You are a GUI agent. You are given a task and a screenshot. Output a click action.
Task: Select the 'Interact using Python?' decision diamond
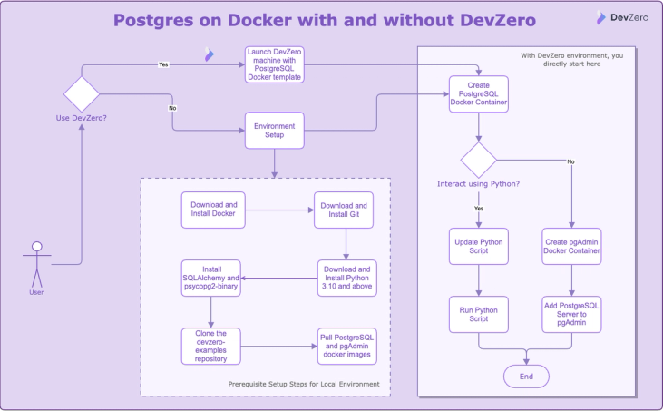pyautogui.click(x=478, y=161)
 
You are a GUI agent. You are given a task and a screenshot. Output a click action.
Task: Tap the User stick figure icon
pyautogui.click(x=36, y=263)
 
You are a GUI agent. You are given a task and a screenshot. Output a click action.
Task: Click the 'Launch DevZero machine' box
pyautogui.click(x=274, y=64)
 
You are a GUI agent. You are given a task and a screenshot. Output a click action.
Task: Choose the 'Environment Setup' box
pyautogui.click(x=274, y=130)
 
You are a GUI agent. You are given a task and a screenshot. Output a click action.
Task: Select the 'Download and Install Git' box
pyautogui.click(x=342, y=210)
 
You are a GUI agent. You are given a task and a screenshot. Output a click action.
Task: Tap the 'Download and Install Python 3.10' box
pyautogui.click(x=345, y=277)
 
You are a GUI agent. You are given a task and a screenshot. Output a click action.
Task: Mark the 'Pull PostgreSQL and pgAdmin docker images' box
pyautogui.click(x=345, y=344)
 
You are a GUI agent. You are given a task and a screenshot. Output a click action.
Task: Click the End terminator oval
pyautogui.click(x=526, y=375)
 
